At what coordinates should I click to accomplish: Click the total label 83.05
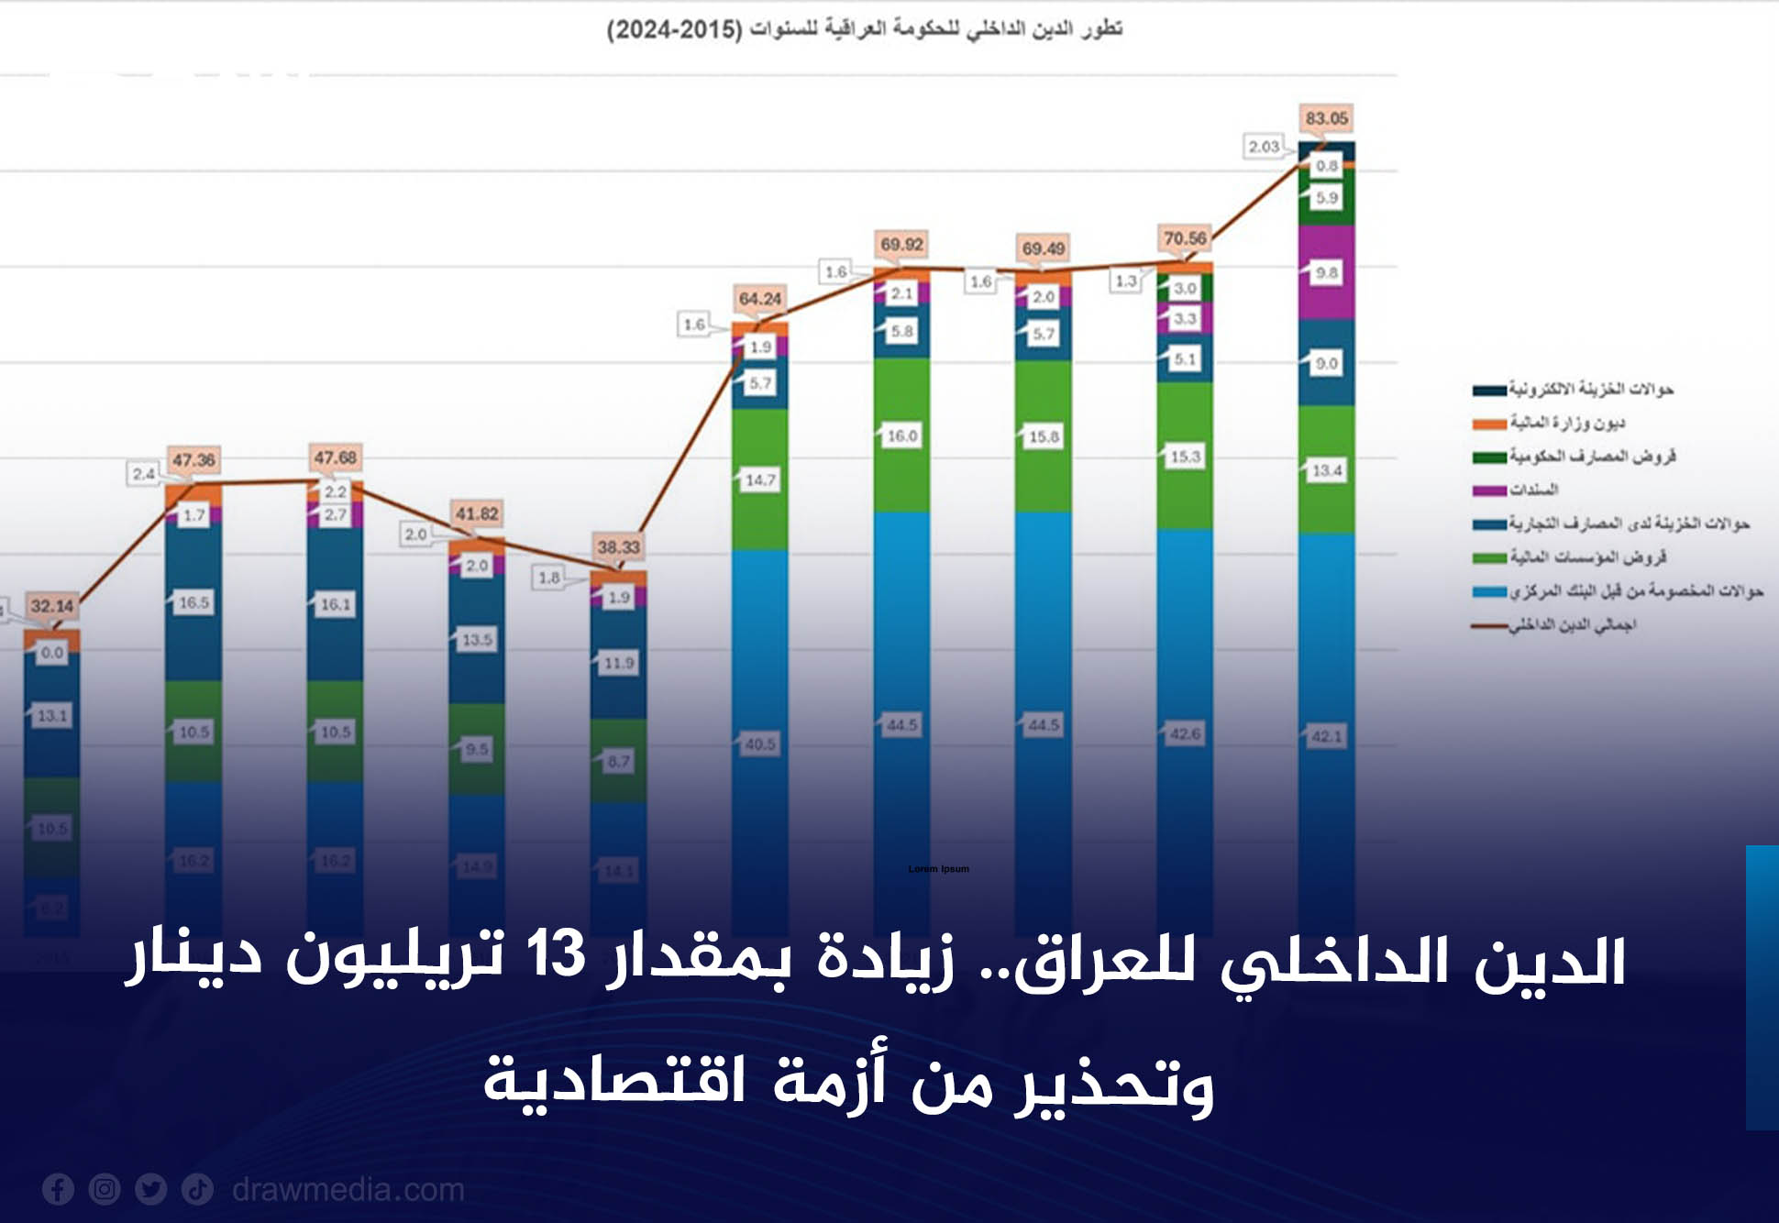pyautogui.click(x=1326, y=118)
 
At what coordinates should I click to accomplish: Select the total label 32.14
pyautogui.click(x=51, y=606)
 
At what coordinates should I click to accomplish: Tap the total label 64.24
pyautogui.click(x=759, y=299)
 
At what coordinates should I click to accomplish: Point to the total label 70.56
pyautogui.click(x=1185, y=238)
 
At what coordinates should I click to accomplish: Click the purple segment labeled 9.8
pyautogui.click(x=1326, y=272)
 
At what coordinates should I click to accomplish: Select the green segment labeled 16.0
pyautogui.click(x=901, y=435)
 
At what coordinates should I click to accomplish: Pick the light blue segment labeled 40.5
pyautogui.click(x=759, y=744)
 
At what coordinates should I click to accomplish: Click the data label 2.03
pyautogui.click(x=1264, y=147)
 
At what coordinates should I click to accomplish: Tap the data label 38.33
pyautogui.click(x=618, y=547)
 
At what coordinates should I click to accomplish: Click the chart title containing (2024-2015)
pyautogui.click(x=864, y=29)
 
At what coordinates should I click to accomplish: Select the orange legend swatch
pyautogui.click(x=1488, y=424)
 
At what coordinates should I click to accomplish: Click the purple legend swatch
pyautogui.click(x=1488, y=490)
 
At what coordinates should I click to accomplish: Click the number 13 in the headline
pyautogui.click(x=556, y=955)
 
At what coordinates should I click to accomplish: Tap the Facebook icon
pyautogui.click(x=58, y=1189)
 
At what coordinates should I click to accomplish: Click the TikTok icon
pyautogui.click(x=197, y=1189)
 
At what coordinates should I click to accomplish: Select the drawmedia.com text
pyautogui.click(x=348, y=1189)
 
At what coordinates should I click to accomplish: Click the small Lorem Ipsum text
pyautogui.click(x=938, y=869)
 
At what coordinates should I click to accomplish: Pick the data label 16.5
pyautogui.click(x=193, y=602)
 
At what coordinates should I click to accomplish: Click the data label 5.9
pyautogui.click(x=1326, y=198)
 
